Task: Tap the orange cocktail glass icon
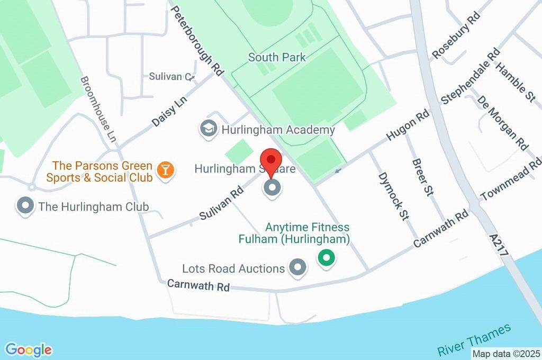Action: [166, 171]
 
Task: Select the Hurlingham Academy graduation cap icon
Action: [209, 129]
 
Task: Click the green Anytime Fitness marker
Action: [327, 258]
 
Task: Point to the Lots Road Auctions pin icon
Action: [297, 268]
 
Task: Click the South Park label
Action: [277, 57]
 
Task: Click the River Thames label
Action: [475, 339]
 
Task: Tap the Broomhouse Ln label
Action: [97, 108]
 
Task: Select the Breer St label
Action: [422, 178]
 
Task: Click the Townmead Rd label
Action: [511, 180]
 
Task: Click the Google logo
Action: [29, 349]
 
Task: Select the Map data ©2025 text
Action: [506, 354]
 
